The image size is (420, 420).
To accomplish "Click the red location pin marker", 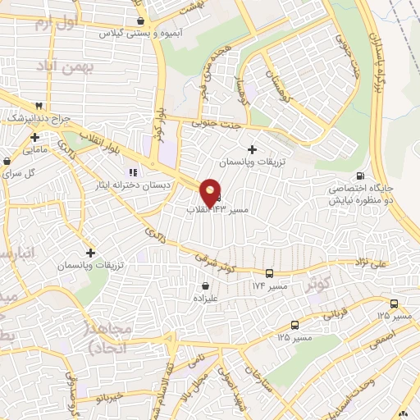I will tap(210, 194).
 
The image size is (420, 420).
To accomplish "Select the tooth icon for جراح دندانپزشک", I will tap(39, 107).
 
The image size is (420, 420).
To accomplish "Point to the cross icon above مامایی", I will tap(34, 136).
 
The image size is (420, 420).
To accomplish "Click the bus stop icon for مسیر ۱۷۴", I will tap(271, 274).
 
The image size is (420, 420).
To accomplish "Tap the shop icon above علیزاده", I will tap(205, 285).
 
